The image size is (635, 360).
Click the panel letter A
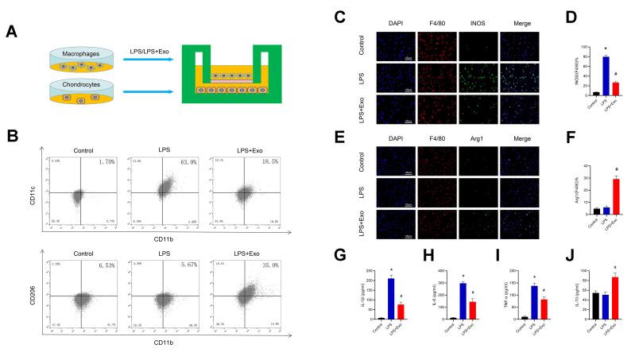pyautogui.click(x=11, y=32)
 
